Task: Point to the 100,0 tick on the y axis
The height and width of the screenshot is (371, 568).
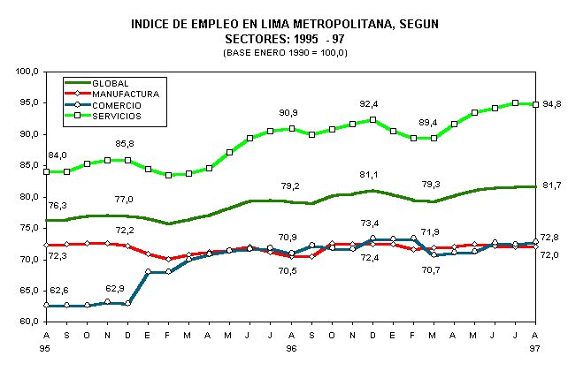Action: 26,72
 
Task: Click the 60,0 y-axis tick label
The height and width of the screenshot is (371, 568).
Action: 27,322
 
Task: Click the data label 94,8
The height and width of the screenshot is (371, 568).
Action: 552,104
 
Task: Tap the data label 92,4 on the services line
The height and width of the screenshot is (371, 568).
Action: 368,104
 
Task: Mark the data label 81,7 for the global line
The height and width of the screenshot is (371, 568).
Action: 552,185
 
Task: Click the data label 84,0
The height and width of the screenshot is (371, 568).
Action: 57,156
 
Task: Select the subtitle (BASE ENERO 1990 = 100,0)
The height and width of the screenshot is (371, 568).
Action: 285,53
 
